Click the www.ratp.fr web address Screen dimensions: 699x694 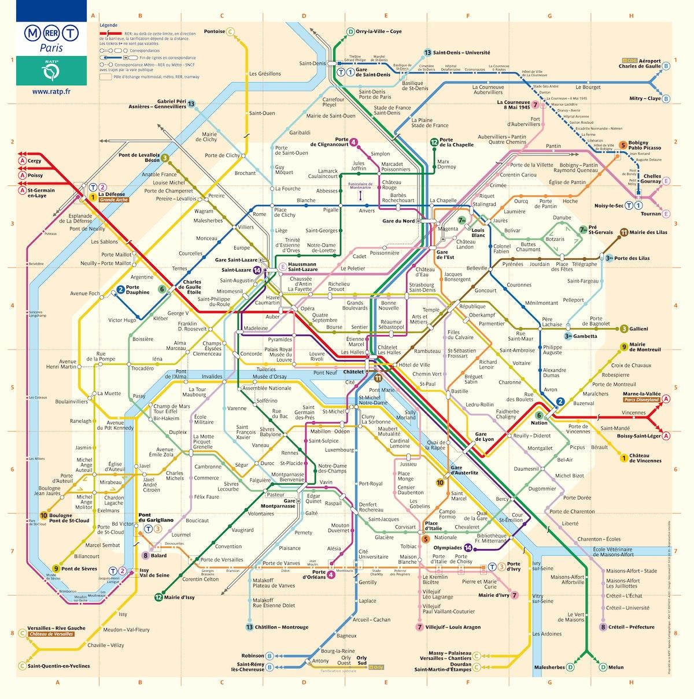tap(51, 91)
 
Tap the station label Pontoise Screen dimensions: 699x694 tap(214, 31)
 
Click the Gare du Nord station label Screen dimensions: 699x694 tap(398, 221)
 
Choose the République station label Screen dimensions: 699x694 tap(472, 306)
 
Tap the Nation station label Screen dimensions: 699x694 tap(538, 423)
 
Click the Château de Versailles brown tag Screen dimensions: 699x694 tap(57, 634)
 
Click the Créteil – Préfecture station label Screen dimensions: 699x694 tap(632, 627)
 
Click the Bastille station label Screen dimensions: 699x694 tap(460, 391)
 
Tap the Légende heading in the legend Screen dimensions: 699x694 tap(108, 25)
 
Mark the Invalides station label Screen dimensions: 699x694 tap(212, 377)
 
